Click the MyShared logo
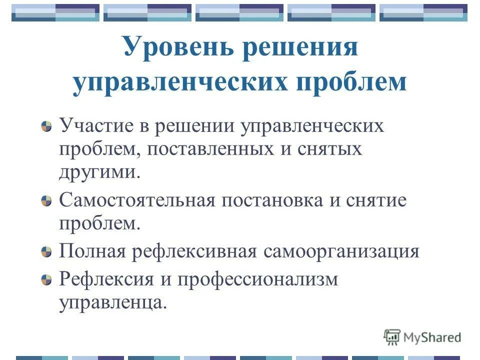[422, 337]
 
